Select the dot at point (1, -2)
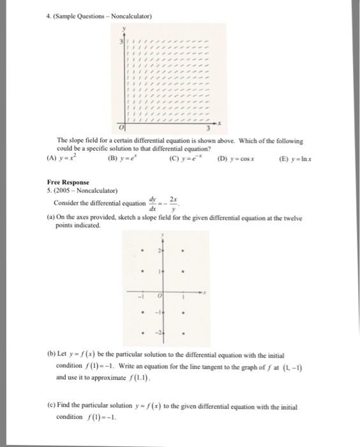point(183,334)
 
